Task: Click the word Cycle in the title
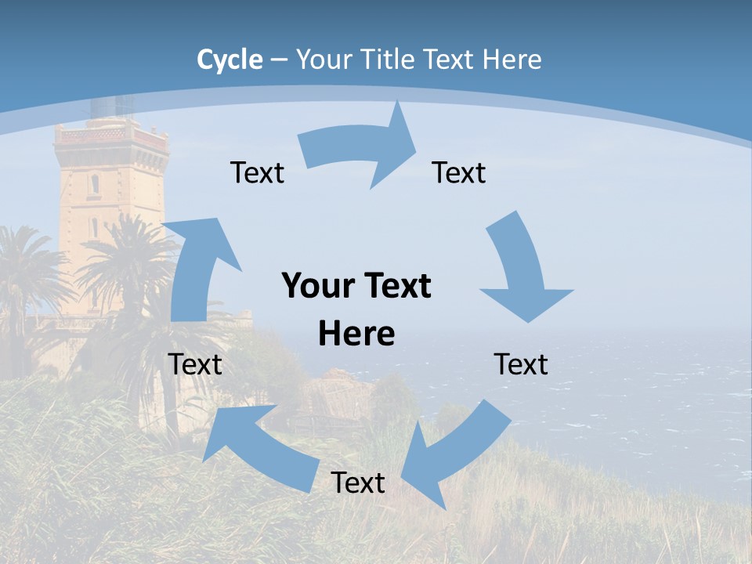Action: tap(230, 59)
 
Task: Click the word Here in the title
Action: tap(512, 59)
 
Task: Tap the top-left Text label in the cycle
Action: tap(257, 172)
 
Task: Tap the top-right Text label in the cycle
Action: tap(459, 172)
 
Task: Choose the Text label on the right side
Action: tap(521, 364)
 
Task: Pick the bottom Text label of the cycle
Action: tap(358, 483)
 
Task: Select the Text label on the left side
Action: tap(195, 364)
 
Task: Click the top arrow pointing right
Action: tap(360, 149)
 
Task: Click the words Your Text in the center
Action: tap(356, 286)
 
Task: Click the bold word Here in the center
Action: tap(356, 334)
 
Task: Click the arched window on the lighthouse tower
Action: tap(95, 185)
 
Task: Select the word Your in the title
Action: tap(321, 59)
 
